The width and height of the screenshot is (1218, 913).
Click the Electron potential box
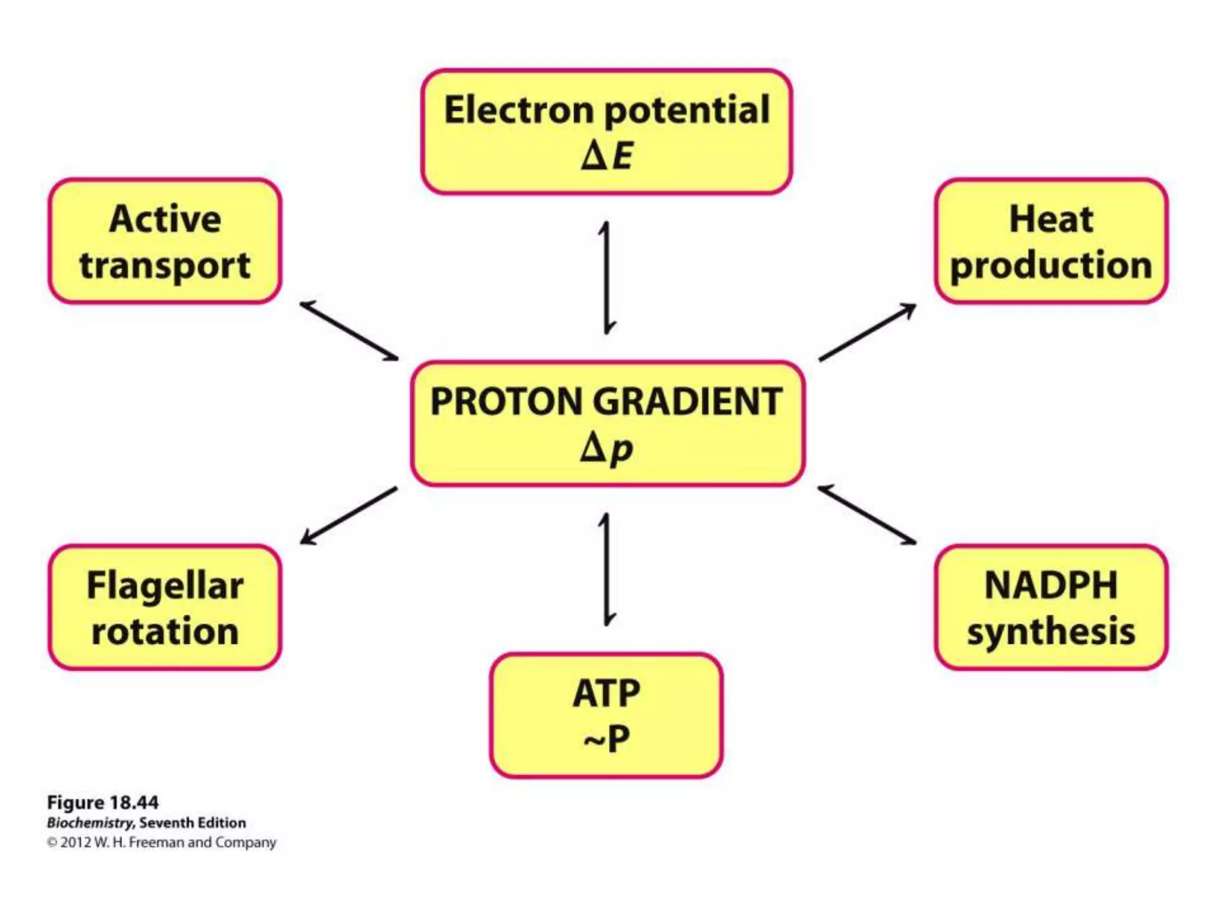point(607,131)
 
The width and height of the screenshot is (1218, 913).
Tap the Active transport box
point(165,241)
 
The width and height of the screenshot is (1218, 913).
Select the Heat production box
point(1051,241)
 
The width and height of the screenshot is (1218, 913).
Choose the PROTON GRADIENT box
point(607,423)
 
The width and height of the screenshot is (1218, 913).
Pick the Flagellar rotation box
point(165,607)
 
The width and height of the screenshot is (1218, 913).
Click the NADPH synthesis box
point(1051,607)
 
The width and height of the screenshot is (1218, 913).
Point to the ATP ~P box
point(607,715)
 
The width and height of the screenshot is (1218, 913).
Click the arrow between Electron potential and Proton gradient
point(606,278)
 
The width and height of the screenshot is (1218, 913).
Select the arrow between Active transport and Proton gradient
point(349,331)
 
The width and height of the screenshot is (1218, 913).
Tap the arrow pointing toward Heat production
point(867,332)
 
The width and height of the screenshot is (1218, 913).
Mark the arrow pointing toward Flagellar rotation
point(349,515)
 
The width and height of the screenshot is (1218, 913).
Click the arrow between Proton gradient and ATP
point(606,569)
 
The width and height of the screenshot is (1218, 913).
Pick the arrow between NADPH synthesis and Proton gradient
point(867,515)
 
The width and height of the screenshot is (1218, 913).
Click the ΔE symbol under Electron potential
point(607,156)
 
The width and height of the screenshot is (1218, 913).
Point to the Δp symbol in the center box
point(607,448)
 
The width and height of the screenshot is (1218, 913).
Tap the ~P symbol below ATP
point(607,739)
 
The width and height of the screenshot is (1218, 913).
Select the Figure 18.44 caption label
point(103,802)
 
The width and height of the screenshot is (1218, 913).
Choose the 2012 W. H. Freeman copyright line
point(162,843)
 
